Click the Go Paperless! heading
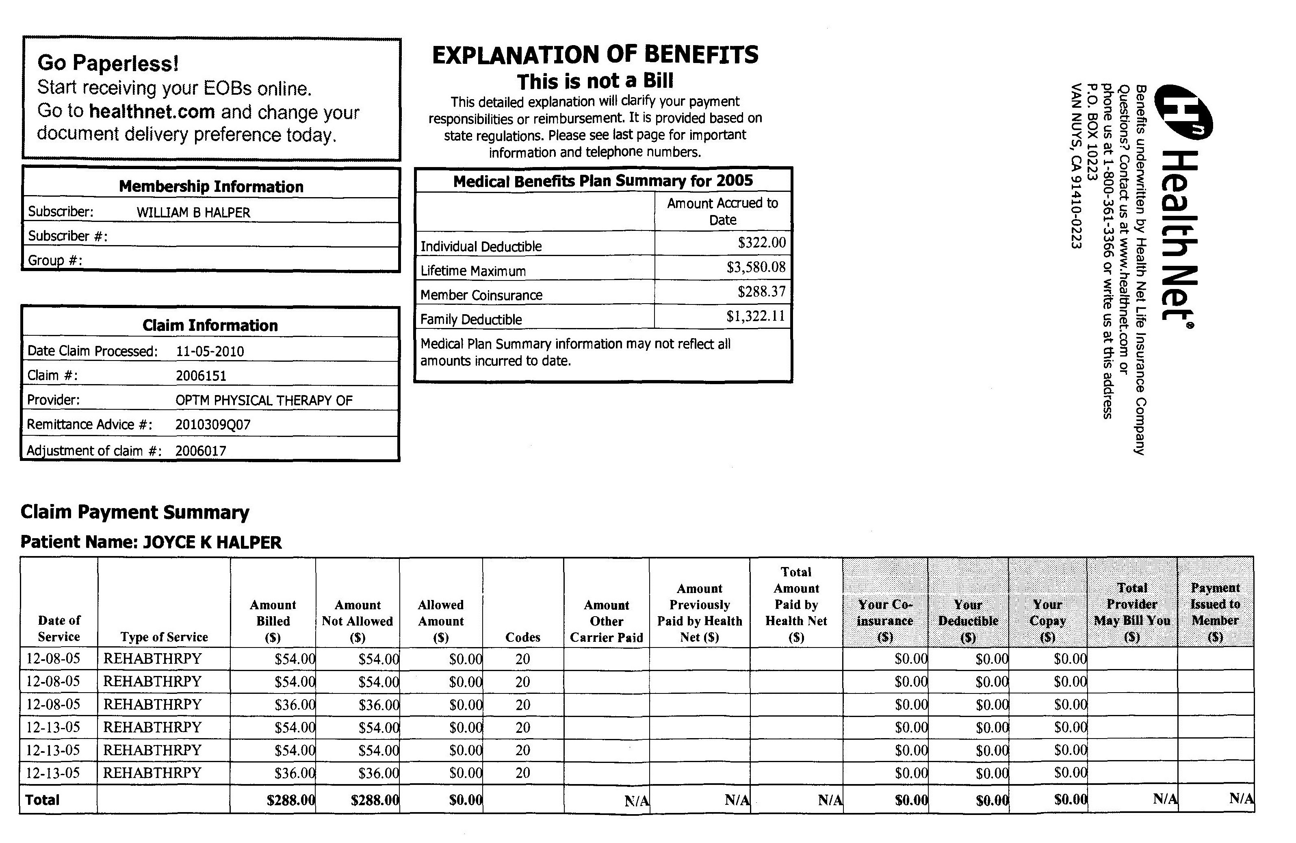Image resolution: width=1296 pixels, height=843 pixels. (108, 63)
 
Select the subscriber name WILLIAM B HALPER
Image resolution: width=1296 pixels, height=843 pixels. (193, 213)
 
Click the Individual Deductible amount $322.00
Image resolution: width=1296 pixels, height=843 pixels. (761, 243)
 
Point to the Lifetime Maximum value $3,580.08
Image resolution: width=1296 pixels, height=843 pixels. (756, 267)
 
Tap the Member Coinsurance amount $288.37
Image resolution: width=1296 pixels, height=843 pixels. (761, 291)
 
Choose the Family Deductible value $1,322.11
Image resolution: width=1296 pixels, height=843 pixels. (755, 316)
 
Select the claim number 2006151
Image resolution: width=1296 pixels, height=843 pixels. (201, 376)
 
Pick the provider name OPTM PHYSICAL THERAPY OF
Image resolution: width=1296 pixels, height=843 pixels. (264, 400)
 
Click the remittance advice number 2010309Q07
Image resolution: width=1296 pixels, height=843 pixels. (213, 424)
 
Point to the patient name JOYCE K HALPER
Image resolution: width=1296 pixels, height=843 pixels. (212, 542)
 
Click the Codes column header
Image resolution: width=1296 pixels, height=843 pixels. (523, 637)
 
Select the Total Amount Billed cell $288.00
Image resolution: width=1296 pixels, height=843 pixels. (291, 800)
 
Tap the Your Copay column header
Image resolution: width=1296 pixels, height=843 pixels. (1047, 620)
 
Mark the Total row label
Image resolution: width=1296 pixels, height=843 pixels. (43, 800)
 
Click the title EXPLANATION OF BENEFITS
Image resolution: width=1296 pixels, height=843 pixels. (595, 55)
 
